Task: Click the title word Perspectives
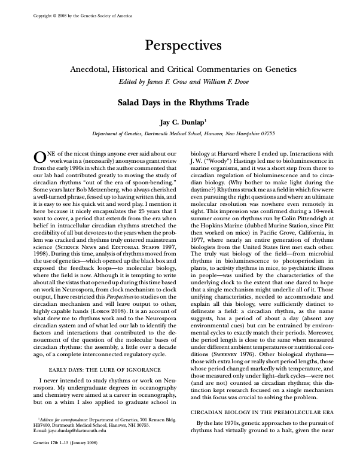(180, 45)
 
